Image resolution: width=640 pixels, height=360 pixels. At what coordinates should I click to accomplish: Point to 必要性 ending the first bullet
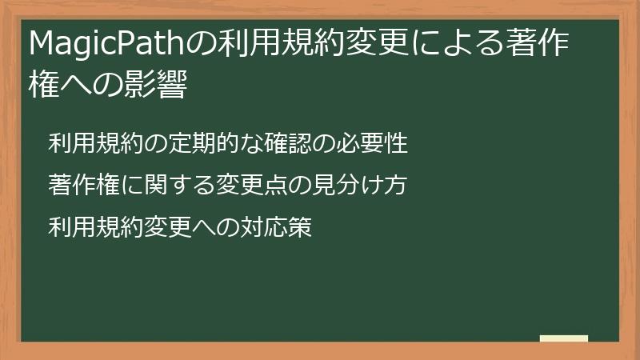[x=379, y=144]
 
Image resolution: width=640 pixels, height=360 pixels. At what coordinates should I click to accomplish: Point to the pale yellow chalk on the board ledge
[x=564, y=338]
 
